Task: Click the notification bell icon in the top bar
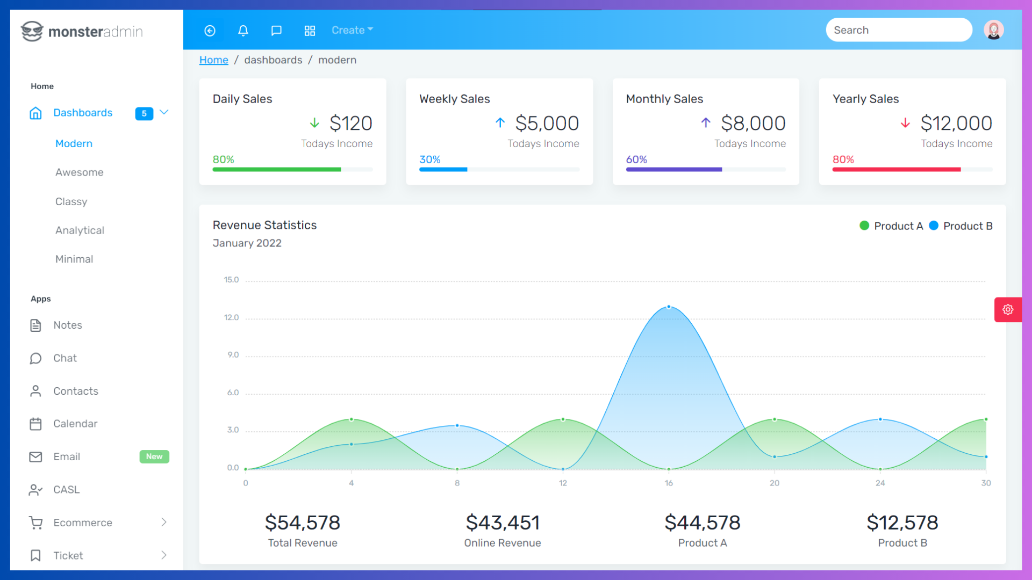click(243, 31)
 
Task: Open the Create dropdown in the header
click(352, 31)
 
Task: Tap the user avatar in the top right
click(993, 30)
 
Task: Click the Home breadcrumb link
click(213, 60)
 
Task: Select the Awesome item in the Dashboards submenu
click(79, 172)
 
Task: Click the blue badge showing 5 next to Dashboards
click(144, 113)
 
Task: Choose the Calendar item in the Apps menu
click(75, 424)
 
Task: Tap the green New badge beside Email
click(154, 456)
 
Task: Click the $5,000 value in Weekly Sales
click(547, 124)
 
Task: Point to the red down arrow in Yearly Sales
click(905, 123)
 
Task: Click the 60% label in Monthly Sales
click(636, 160)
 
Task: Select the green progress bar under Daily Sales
click(277, 170)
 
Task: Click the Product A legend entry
click(892, 226)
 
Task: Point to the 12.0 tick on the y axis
click(231, 317)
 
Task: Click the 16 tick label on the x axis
click(669, 483)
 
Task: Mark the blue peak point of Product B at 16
click(669, 307)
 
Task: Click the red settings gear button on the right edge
click(1008, 310)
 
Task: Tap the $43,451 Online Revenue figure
click(503, 523)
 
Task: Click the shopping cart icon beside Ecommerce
click(36, 523)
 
